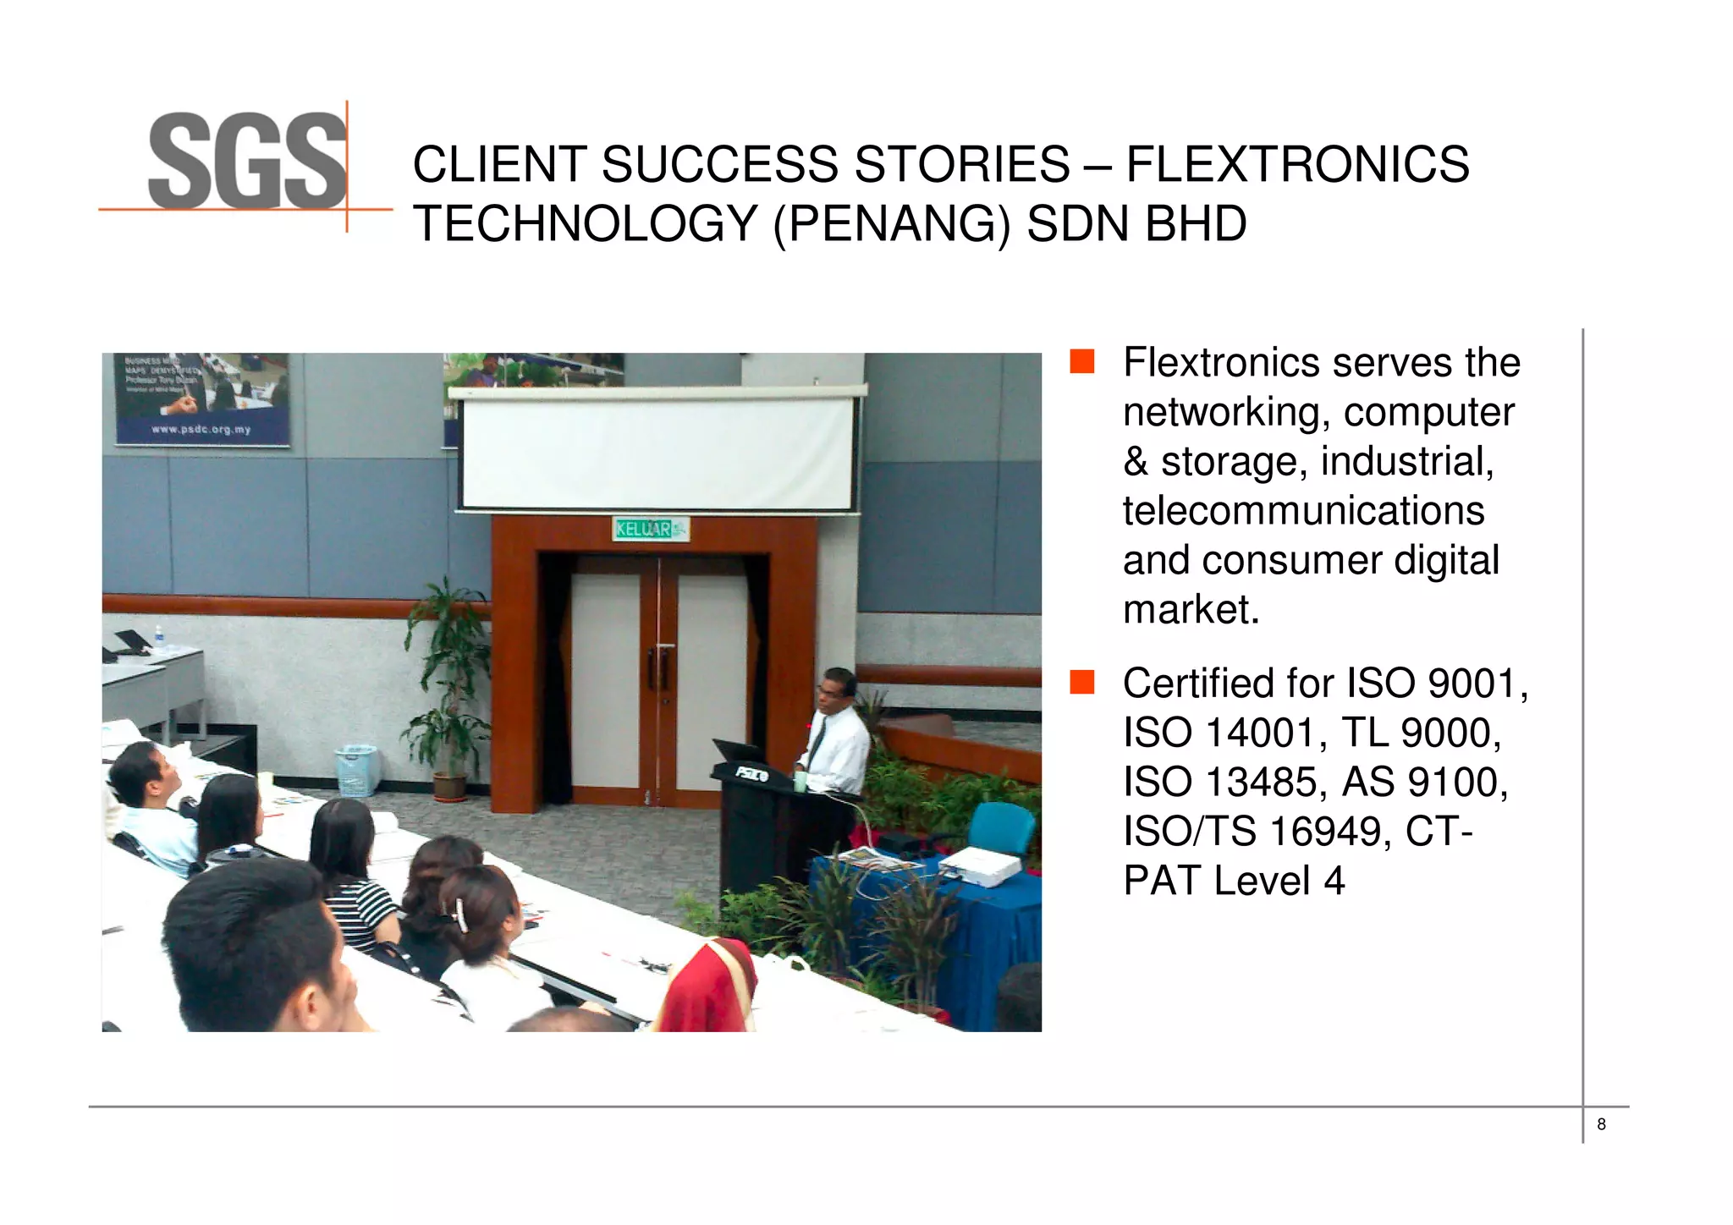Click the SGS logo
click(247, 161)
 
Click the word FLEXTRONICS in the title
click(1297, 164)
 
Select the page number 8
click(1601, 1124)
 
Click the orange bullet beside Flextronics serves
click(1082, 361)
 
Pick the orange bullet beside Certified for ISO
click(1082, 682)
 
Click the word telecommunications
click(1303, 511)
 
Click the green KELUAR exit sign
click(649, 530)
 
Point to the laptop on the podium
click(738, 750)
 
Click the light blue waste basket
click(356, 770)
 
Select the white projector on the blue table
click(981, 866)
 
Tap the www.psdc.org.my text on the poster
click(201, 430)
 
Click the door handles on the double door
click(658, 668)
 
